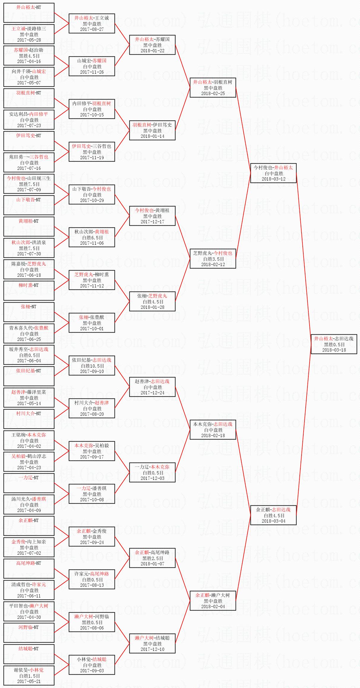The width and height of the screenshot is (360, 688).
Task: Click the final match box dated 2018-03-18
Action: point(334,344)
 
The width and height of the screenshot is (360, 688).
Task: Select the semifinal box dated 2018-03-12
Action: point(273,173)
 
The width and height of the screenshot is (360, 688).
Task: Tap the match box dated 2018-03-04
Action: point(273,515)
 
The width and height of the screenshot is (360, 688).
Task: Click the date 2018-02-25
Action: point(213,94)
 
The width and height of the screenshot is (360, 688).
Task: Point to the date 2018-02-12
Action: point(213,265)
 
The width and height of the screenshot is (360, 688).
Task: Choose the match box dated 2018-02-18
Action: point(213,430)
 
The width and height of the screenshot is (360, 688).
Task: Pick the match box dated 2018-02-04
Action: point(213,601)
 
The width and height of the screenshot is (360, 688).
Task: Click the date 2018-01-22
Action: point(152,51)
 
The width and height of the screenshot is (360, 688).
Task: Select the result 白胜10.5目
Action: point(92,366)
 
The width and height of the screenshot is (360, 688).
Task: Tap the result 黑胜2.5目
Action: point(152,558)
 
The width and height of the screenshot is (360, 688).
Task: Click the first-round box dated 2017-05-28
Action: point(29,34)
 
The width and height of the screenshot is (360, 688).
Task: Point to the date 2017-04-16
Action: point(29,61)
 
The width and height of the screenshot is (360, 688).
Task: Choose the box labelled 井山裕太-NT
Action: point(29,13)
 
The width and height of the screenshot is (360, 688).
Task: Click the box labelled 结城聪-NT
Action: point(29,654)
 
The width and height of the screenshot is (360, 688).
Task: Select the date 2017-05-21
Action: point(29,681)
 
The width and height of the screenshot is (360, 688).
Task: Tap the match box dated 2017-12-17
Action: point(152,216)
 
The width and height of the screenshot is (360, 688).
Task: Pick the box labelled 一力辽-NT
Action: point(29,483)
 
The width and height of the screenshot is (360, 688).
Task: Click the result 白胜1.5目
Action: point(29,676)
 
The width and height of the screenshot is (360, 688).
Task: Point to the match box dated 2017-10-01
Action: point(92,323)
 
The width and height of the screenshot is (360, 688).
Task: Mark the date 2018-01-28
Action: point(152,307)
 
